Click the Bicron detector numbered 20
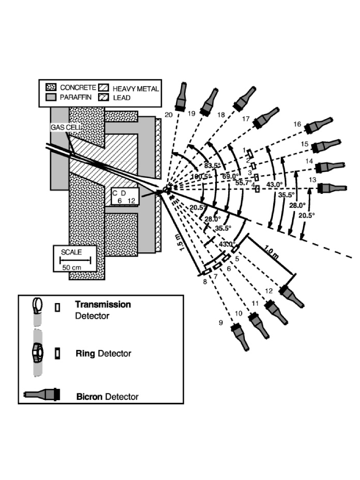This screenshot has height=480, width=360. click(x=181, y=98)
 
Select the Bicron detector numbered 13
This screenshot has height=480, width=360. click(x=332, y=188)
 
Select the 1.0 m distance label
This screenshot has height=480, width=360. click(x=271, y=252)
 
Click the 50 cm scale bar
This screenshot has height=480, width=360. click(x=75, y=260)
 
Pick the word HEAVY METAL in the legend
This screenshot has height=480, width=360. click(x=136, y=89)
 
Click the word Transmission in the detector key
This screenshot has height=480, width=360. click(x=103, y=304)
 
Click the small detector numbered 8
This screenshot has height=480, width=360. click(x=207, y=271)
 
